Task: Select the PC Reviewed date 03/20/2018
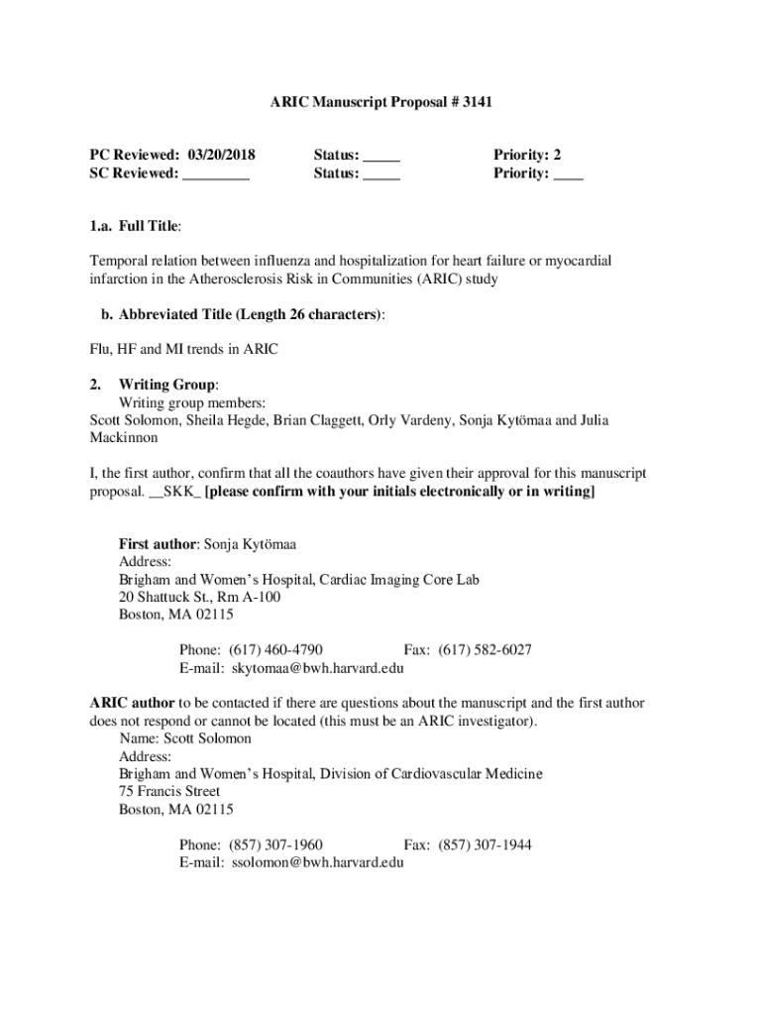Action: pos(219,155)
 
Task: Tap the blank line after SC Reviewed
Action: pos(216,173)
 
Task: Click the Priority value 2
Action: pos(558,155)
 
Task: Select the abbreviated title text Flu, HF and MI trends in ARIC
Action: pos(184,349)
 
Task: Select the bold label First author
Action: pos(158,544)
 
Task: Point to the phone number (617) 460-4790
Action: pos(275,650)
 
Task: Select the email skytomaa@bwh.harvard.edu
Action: pos(317,668)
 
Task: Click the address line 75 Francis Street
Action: pos(169,792)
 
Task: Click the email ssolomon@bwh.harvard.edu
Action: pos(317,863)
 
